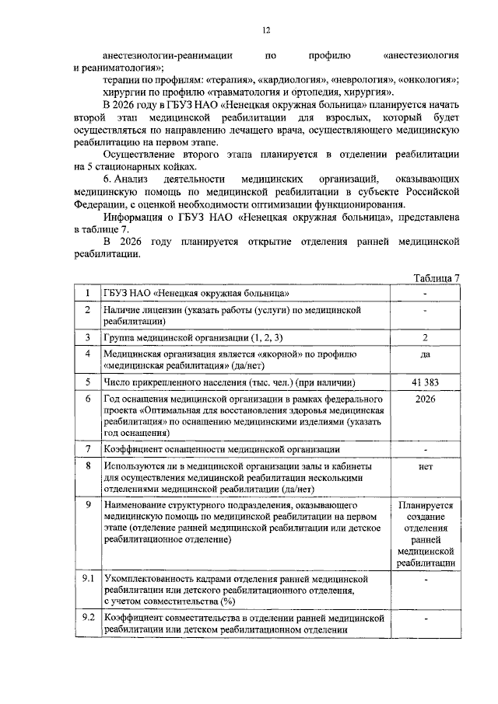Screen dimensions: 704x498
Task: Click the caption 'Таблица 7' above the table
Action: click(438, 278)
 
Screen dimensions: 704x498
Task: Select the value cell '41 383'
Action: click(425, 382)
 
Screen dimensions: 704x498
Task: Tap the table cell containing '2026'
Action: click(425, 399)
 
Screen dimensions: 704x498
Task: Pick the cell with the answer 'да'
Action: click(425, 354)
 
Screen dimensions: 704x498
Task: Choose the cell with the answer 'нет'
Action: click(425, 466)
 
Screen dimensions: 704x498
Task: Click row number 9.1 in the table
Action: click(89, 579)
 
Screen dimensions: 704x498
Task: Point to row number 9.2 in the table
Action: click(89, 618)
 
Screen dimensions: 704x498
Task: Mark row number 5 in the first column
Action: click(89, 382)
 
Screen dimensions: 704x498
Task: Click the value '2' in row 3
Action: click(425, 337)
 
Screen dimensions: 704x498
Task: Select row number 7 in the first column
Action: click(89, 449)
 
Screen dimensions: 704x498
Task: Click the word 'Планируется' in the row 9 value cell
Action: click(425, 505)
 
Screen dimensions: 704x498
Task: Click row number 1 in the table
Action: click(89, 293)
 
